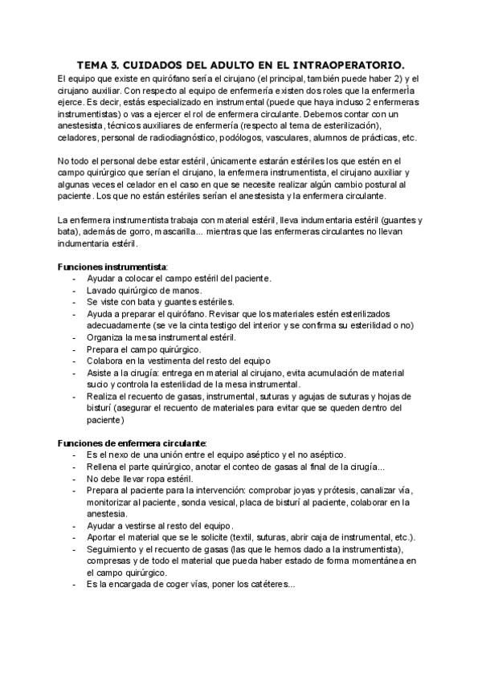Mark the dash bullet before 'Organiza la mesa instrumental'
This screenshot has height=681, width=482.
[75, 338]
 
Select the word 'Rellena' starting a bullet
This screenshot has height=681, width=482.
[104, 467]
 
